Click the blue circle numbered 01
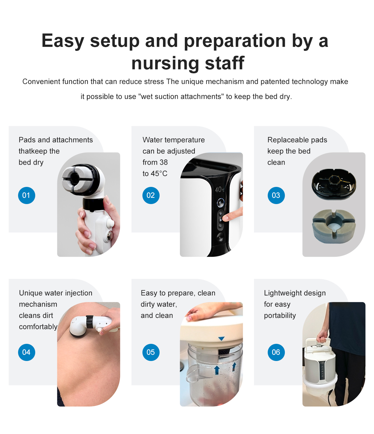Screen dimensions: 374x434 tap(26, 195)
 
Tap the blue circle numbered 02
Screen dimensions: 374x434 tap(151, 195)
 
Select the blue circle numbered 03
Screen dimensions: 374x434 tap(276, 195)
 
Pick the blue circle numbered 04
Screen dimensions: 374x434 tap(26, 352)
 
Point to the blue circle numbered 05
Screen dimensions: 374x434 tap(151, 352)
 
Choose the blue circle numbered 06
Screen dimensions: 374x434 tap(276, 352)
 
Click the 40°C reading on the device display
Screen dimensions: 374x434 tap(220, 190)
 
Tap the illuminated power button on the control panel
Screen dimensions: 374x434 tap(220, 202)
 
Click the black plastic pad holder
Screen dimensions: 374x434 tap(334, 184)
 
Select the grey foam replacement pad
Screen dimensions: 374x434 tap(334, 226)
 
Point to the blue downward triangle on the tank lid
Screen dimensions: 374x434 tap(221, 339)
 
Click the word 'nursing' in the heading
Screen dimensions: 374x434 tap(165, 63)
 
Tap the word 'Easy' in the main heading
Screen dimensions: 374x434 tap(63, 41)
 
